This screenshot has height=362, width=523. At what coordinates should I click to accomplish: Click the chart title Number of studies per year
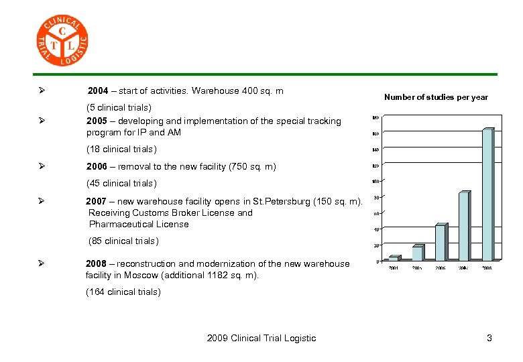pyautogui.click(x=436, y=97)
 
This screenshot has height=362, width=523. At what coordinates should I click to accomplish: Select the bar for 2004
pyautogui.click(x=394, y=257)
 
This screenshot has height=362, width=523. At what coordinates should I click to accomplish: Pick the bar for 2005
pyautogui.click(x=417, y=253)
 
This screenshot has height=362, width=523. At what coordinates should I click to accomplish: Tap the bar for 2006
pyautogui.click(x=440, y=242)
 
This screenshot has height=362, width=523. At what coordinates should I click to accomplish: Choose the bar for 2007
pyautogui.click(x=463, y=226)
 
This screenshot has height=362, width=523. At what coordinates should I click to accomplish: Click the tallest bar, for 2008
pyautogui.click(x=487, y=194)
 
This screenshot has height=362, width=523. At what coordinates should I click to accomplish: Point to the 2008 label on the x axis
pyautogui.click(x=487, y=268)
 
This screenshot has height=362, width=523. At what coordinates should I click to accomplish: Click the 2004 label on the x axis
pyautogui.click(x=394, y=268)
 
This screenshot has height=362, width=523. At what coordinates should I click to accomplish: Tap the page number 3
pyautogui.click(x=489, y=338)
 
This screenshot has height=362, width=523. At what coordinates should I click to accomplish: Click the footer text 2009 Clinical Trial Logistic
pyautogui.click(x=261, y=338)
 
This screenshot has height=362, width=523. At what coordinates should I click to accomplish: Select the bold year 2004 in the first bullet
pyautogui.click(x=98, y=90)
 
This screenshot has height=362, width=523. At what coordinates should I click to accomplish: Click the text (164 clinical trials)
pyautogui.click(x=123, y=292)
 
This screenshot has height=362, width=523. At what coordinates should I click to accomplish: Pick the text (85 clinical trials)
pyautogui.click(x=124, y=241)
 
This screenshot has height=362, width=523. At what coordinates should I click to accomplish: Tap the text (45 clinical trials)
pyautogui.click(x=121, y=183)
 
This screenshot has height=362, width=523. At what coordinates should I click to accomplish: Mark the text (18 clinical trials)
pyautogui.click(x=121, y=149)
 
